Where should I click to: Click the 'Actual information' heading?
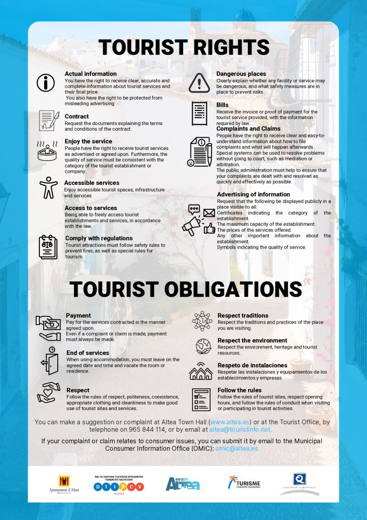pos(90,74)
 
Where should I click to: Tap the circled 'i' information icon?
pos(46,83)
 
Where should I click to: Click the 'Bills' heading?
pos(222,105)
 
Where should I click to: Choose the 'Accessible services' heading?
pos(92,183)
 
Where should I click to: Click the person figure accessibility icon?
pos(48,187)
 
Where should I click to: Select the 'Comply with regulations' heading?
pos(99,238)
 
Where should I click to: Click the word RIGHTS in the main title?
pos(224,48)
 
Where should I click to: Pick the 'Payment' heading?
pos(78,315)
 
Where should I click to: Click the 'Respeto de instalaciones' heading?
pos(252,365)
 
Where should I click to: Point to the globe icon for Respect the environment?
pos(202,345)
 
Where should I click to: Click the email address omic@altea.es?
pos(237,448)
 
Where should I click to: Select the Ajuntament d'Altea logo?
pos(64,484)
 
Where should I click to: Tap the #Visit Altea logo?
pos(183,483)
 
